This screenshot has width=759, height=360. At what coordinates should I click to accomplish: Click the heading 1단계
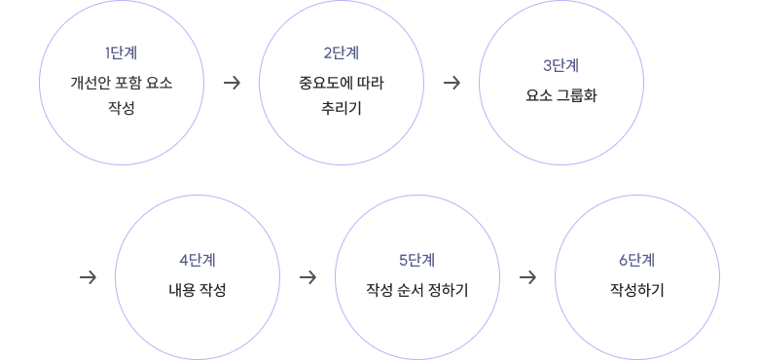[x=121, y=53]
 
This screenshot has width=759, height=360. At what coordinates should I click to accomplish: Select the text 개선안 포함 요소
[x=121, y=83]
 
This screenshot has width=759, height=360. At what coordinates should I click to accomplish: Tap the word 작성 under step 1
[x=121, y=107]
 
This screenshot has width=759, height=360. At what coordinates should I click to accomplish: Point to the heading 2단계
[x=341, y=53]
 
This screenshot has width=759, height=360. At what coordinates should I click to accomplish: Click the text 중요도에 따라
[x=341, y=83]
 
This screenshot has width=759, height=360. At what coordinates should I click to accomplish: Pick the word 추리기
[x=341, y=107]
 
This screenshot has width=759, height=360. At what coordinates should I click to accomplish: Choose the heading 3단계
[x=560, y=66]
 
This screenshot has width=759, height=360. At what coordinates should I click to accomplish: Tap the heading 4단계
[x=197, y=260]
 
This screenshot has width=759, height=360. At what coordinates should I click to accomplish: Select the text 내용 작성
[x=197, y=290]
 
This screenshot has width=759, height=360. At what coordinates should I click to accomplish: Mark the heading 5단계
[x=416, y=260]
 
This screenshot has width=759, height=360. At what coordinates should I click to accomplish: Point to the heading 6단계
[x=636, y=260]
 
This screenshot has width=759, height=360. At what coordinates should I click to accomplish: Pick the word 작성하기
[x=636, y=290]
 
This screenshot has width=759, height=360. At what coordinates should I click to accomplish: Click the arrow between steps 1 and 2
[x=232, y=83]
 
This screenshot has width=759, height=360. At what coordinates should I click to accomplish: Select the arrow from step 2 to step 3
[x=452, y=83]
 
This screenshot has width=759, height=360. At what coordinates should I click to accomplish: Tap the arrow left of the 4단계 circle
[x=88, y=277]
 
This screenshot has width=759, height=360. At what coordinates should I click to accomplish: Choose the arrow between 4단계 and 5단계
[x=307, y=277]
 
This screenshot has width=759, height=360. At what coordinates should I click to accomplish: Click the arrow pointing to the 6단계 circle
[x=527, y=277]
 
